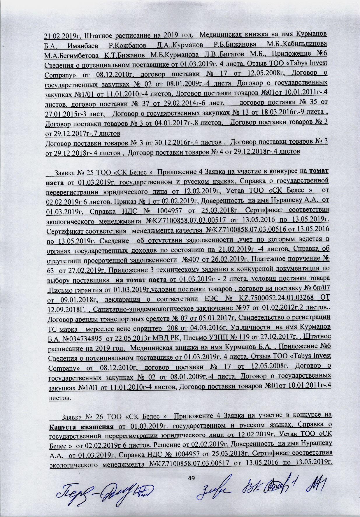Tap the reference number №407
click(189, 259)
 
